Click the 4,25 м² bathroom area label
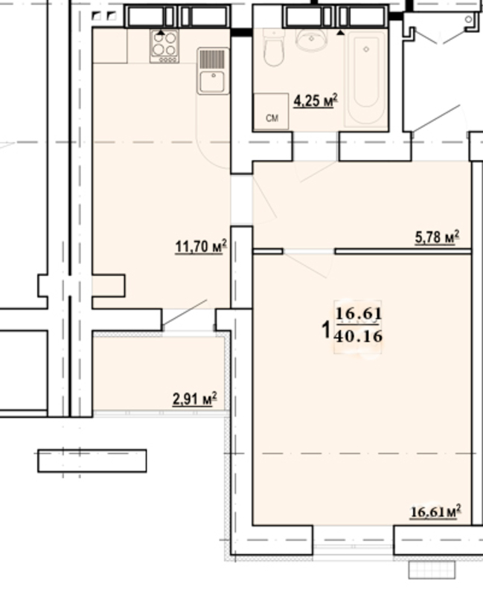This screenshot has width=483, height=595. coord(315,101)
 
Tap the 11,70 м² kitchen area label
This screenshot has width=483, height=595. coord(201,247)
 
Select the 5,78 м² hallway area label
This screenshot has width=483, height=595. coord(437,237)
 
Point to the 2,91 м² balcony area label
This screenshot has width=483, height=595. coord(195,399)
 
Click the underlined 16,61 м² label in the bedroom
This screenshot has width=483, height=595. coord(435,512)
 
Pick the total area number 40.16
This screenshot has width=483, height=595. coord(359,336)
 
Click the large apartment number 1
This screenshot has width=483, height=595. coord(326,329)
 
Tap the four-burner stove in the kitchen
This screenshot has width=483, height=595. coord(164,46)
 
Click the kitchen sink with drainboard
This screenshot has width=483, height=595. coord(213,71)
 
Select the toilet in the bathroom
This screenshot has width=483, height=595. coord(274,48)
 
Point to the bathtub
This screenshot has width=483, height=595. coord(365,79)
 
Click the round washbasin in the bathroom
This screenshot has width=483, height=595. coord(311,39)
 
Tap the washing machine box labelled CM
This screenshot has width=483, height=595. coord(271,111)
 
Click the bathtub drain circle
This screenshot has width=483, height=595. coord(366,49)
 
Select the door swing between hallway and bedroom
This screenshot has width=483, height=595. coord(308,264)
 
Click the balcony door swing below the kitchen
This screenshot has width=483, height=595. coord(185,314)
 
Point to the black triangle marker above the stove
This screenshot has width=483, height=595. coord(161,33)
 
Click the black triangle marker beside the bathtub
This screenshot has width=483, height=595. coord(341,33)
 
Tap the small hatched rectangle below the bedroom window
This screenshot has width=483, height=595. coord(432,570)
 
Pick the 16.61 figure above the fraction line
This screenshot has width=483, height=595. coord(359,314)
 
